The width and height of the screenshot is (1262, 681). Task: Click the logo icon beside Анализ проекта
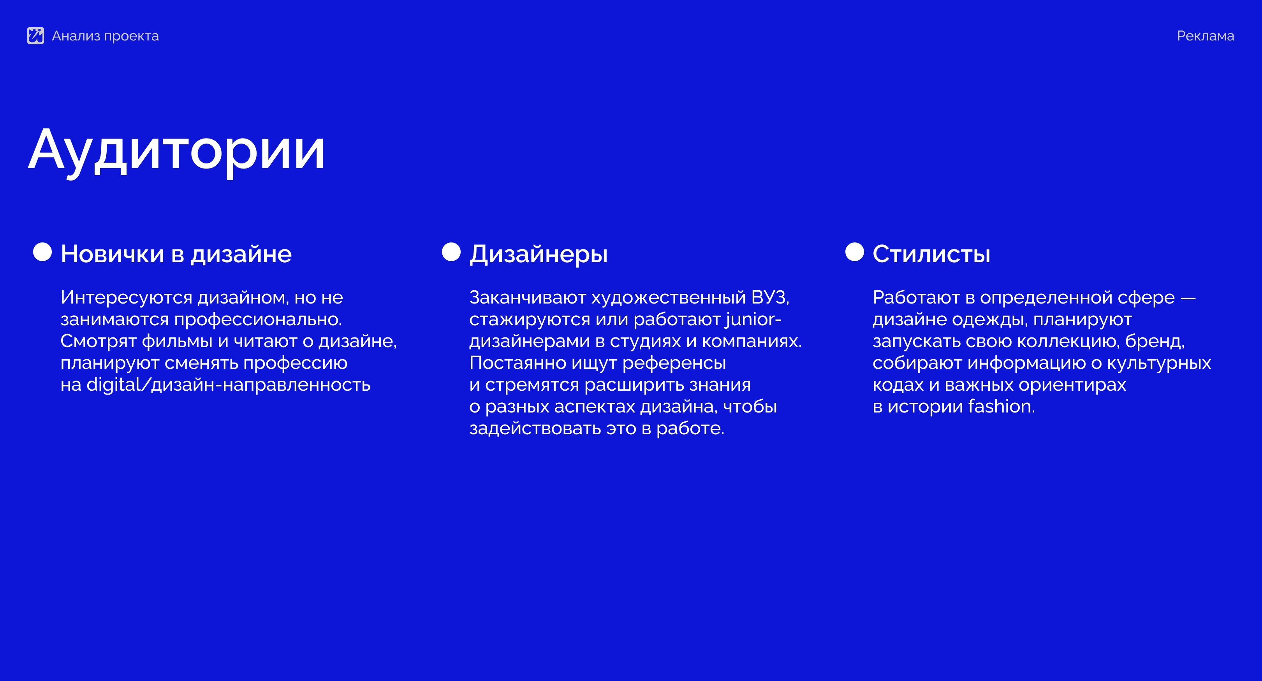(x=35, y=36)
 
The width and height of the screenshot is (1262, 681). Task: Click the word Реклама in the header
(x=1205, y=36)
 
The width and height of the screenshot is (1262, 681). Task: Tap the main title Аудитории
(x=176, y=151)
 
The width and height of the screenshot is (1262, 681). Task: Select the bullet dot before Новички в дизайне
(x=42, y=252)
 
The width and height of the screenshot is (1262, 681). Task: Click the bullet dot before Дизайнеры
(x=451, y=252)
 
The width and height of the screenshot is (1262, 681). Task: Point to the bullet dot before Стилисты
(x=854, y=252)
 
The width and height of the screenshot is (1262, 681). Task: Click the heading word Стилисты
(x=931, y=254)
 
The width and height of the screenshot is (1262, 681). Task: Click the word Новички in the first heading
(x=112, y=254)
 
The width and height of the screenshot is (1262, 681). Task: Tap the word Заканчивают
(x=528, y=298)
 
